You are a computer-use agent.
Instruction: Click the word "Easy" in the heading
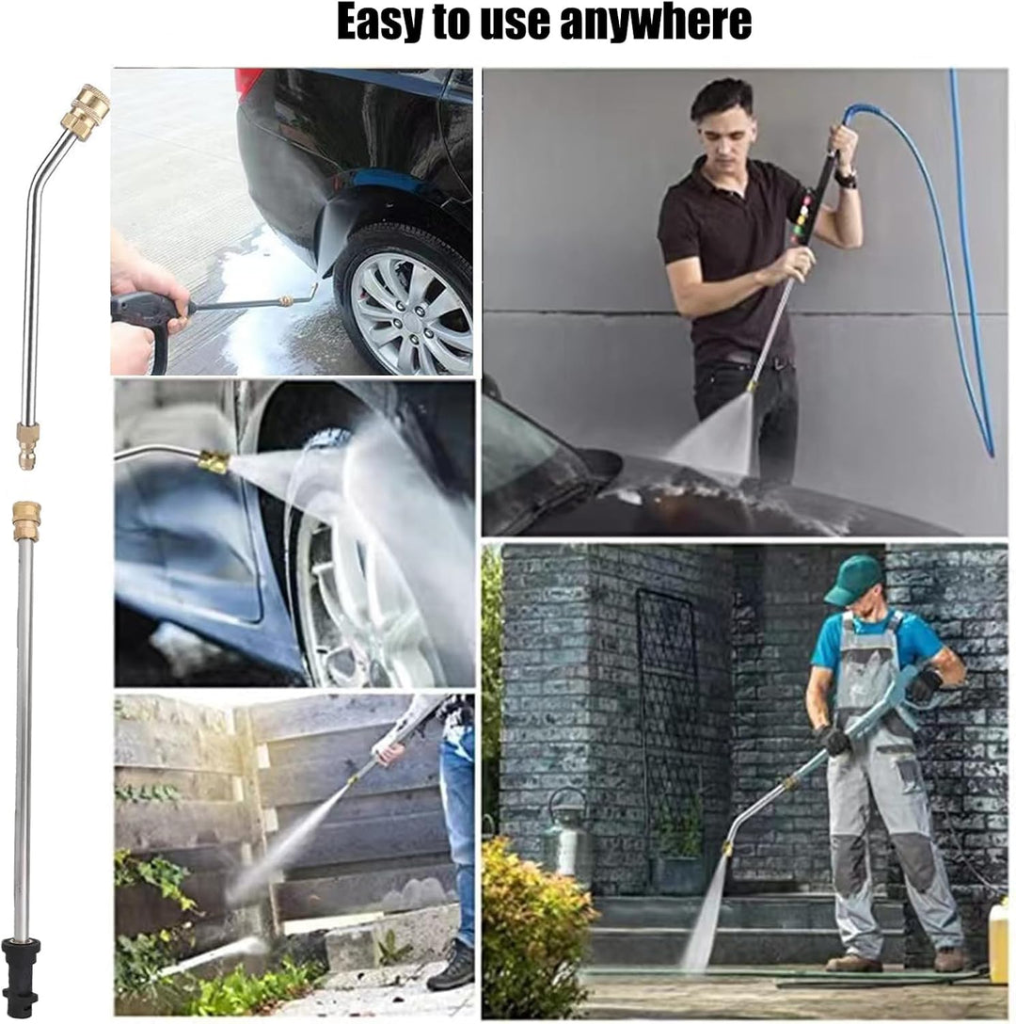click(x=378, y=23)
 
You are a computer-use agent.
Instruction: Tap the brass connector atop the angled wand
click(x=85, y=108)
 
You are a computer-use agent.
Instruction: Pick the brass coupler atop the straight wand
click(x=26, y=520)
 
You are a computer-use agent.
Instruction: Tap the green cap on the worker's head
click(x=851, y=577)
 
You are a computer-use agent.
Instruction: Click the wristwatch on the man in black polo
click(x=846, y=178)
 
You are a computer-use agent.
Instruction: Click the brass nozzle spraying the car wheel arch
click(x=214, y=462)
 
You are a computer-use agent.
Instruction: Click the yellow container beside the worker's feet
click(x=998, y=939)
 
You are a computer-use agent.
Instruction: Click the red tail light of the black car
click(x=250, y=83)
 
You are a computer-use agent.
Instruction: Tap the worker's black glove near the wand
click(x=833, y=741)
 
